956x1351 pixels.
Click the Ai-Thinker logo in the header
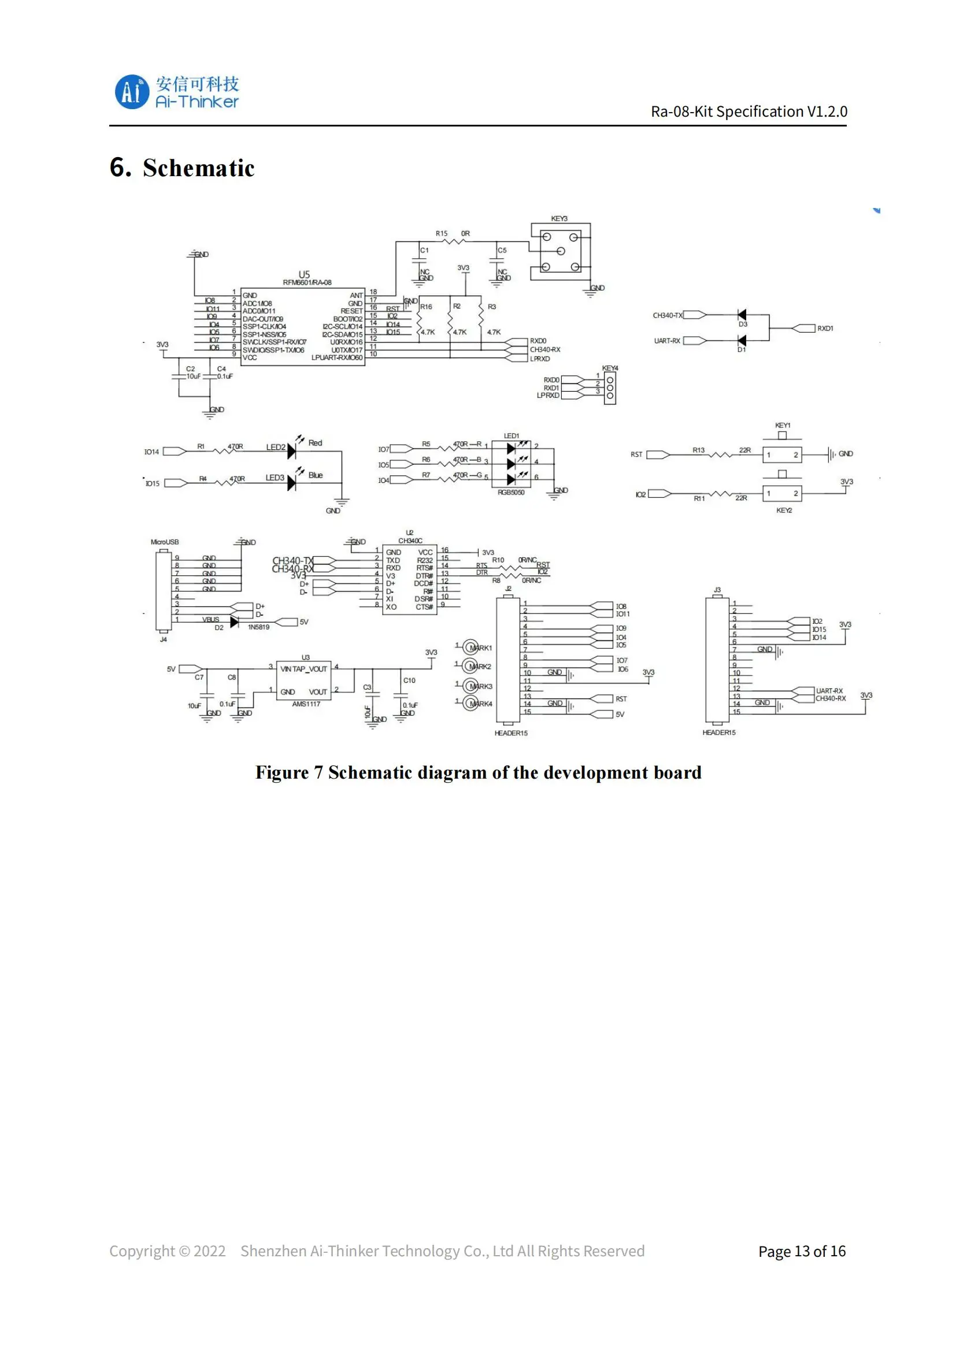click(x=176, y=92)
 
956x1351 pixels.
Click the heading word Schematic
click(x=198, y=168)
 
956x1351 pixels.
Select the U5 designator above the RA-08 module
click(x=304, y=274)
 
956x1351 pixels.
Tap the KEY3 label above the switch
click(x=559, y=218)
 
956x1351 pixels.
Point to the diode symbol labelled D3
click(x=742, y=315)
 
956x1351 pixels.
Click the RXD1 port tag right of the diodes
click(x=825, y=328)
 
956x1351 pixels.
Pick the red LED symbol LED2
click(x=291, y=451)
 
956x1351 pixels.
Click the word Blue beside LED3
click(x=316, y=475)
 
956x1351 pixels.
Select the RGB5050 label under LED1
click(x=510, y=492)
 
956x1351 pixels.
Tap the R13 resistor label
click(x=698, y=450)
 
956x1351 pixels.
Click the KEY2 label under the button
click(x=784, y=510)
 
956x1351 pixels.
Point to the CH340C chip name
click(x=410, y=541)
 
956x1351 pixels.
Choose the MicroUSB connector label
click(x=164, y=542)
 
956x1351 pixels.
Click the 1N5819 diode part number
click(x=258, y=627)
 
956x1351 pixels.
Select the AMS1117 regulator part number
click(x=306, y=704)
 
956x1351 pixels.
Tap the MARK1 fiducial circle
click(x=470, y=648)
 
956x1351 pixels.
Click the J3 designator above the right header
click(x=716, y=590)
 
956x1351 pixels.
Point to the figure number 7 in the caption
click(x=318, y=773)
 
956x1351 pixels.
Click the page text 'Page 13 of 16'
click(x=801, y=1251)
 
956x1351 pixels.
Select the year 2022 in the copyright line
click(x=210, y=1251)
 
